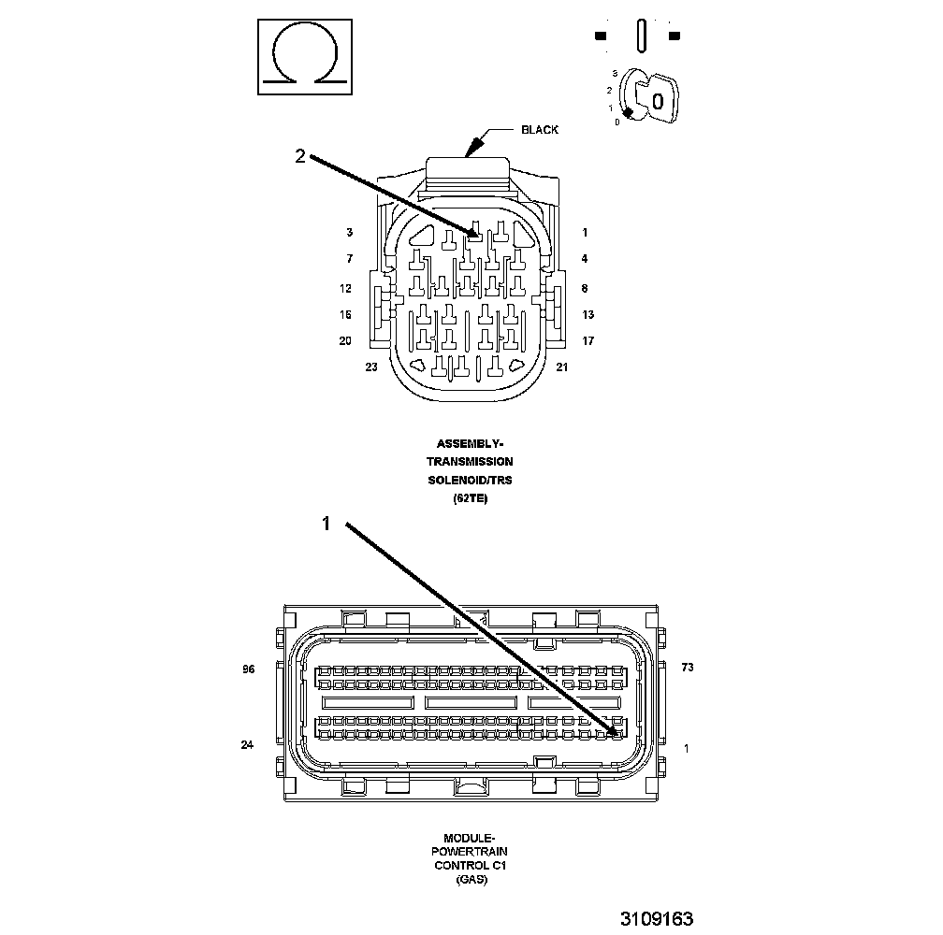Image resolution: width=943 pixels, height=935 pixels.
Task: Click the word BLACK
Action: pos(540,130)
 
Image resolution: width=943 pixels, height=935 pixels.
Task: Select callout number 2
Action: pos(299,157)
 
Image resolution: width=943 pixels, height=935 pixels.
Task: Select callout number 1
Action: pos(326,525)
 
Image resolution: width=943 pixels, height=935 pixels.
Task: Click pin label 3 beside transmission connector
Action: pos(349,233)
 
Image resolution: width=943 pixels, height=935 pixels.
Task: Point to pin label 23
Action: pos(371,367)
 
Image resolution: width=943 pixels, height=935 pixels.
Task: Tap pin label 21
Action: pos(561,367)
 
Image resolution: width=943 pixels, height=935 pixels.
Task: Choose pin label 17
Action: pos(588,341)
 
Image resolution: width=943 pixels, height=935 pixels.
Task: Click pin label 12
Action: pos(345,289)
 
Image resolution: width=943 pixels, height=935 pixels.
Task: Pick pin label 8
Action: pos(585,289)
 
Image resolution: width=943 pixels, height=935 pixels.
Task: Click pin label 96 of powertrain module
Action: pos(248,669)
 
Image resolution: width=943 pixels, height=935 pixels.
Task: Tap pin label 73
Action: pos(688,668)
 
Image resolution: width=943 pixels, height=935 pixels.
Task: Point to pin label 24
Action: pos(247,745)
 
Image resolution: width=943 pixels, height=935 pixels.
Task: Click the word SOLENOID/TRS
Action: pos(470,481)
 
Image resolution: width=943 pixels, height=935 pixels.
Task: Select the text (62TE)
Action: pos(470,499)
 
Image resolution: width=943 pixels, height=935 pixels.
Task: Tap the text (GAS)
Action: pos(470,880)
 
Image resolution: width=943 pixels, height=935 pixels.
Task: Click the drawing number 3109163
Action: pos(656,919)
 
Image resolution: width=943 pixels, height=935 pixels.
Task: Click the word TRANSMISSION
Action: pos(470,462)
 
